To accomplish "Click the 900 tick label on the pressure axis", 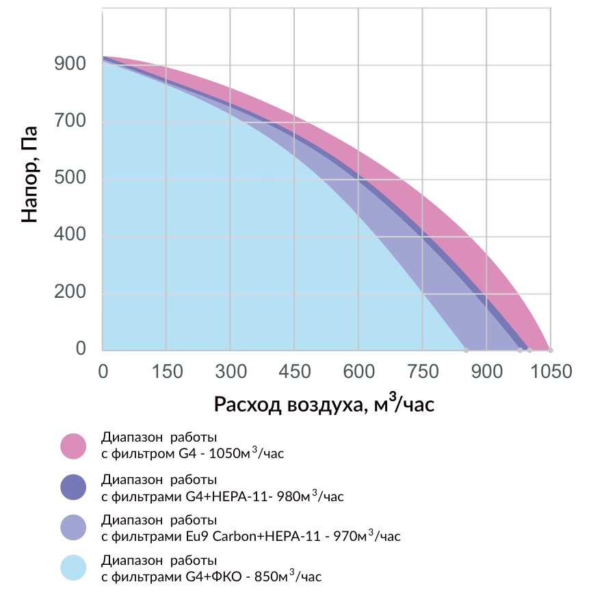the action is pos(70,64).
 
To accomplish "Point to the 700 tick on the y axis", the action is pos(70,121).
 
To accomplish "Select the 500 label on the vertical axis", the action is pos(70,177).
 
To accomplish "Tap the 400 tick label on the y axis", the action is pos(70,234).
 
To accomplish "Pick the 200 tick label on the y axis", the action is pos(70,292).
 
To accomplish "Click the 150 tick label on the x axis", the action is pos(167,371).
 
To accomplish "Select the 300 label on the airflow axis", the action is pos(231,371).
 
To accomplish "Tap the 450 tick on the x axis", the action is pos(295,371).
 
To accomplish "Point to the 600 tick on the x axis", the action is pos(358,371).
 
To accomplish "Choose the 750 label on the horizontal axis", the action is pos(423,371).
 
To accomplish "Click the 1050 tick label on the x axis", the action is pos(551,371).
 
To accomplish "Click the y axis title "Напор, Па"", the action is pos(29,174).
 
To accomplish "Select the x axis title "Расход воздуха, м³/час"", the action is pos(324,403).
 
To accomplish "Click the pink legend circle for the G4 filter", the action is pos(73,446).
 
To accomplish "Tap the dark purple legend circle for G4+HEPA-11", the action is pos(73,487).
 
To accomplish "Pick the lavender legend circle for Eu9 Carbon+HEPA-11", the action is pos(73,527).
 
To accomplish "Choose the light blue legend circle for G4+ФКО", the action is pos(73,568).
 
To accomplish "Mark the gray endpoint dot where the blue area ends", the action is pos(467,351).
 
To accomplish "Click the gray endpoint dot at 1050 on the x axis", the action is pos(551,351).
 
